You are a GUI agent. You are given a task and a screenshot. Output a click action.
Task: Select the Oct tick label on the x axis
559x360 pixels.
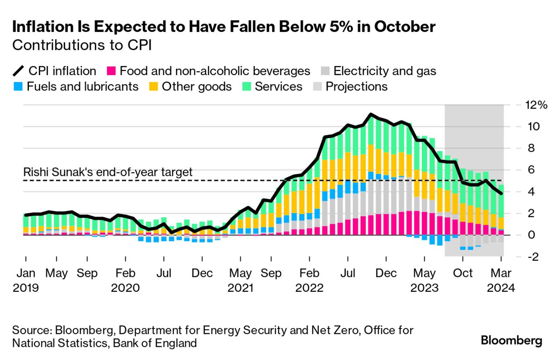point(463,273)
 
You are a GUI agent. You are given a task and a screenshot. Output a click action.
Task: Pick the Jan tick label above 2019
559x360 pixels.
point(26,273)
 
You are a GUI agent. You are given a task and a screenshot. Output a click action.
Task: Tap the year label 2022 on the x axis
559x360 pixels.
point(309,288)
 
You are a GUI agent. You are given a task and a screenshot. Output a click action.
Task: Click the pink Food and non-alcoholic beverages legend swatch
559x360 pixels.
point(111,71)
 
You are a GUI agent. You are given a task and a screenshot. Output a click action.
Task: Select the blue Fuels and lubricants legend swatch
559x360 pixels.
point(18,86)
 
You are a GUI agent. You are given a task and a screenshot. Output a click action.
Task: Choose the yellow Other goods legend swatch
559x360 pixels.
point(154,86)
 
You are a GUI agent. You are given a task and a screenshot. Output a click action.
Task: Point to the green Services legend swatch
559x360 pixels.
point(247,86)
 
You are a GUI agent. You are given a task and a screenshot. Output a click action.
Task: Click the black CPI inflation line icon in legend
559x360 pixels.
point(18,71)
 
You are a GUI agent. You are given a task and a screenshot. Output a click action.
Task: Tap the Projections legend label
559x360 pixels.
point(356,86)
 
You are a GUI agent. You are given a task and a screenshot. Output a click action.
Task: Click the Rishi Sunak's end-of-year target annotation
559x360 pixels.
point(107,172)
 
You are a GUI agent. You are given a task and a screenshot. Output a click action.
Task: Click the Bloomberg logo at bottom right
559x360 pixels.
point(511,341)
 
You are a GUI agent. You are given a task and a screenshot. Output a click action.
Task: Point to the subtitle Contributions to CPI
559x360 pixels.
point(82,45)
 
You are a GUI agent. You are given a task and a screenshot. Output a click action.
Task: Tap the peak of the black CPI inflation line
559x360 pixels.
point(370,114)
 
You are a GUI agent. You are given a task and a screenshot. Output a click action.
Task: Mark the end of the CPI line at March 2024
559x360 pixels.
point(501,194)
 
